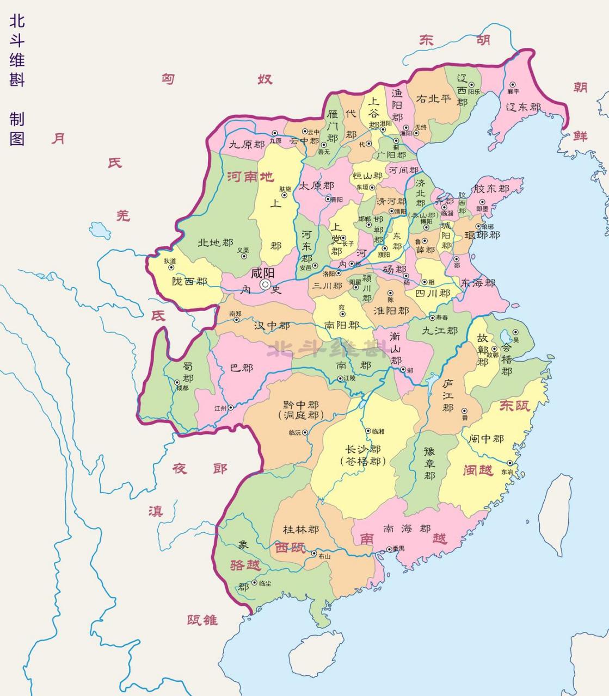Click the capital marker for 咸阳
click(x=265, y=284)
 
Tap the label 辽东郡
click(x=524, y=107)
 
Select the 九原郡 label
click(x=246, y=145)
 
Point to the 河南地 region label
click(x=251, y=177)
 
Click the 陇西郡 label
click(x=189, y=281)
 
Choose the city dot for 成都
click(x=177, y=382)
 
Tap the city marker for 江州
click(x=230, y=407)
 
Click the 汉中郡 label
click(x=272, y=326)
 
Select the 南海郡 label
click(x=407, y=529)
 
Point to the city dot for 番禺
click(x=389, y=549)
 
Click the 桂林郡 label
click(x=301, y=529)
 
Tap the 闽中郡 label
click(x=486, y=438)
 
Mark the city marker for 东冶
click(x=510, y=463)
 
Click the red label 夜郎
click(x=200, y=469)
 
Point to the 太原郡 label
click(x=316, y=185)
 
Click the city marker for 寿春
click(x=432, y=318)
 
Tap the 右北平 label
click(x=433, y=99)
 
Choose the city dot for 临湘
click(x=368, y=431)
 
